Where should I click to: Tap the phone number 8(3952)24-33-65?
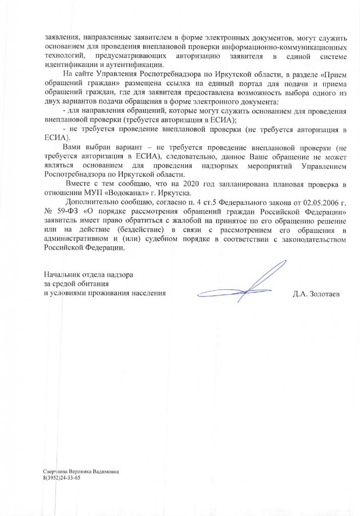coord(62,477)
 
